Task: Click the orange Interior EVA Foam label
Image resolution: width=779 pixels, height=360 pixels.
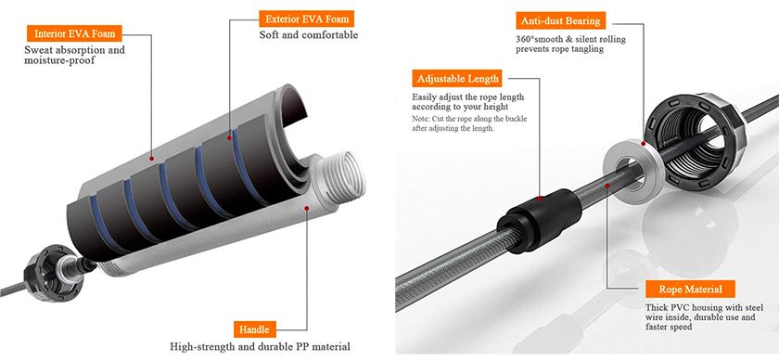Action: pos(74,33)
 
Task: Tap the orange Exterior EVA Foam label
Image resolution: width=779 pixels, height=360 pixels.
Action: pos(308,19)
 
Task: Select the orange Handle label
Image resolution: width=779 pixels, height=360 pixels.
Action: pos(254,329)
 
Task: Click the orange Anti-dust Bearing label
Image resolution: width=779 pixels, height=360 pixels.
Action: pos(561,21)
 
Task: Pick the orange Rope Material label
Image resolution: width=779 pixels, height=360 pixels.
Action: pos(690,289)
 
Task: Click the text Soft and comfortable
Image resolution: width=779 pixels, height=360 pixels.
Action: pos(309,35)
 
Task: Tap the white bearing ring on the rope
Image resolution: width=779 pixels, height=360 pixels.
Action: pos(632,170)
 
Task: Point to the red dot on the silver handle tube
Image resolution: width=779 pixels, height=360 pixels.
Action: pos(308,210)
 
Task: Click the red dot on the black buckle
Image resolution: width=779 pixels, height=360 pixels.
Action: pos(540,199)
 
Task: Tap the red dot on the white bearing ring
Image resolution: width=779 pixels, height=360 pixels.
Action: pos(644,144)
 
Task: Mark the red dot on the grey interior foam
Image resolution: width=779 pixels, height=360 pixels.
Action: pos(151,159)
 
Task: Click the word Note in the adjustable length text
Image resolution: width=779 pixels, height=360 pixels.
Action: pos(420,120)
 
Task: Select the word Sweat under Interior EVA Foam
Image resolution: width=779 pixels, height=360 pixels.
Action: pos(38,50)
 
